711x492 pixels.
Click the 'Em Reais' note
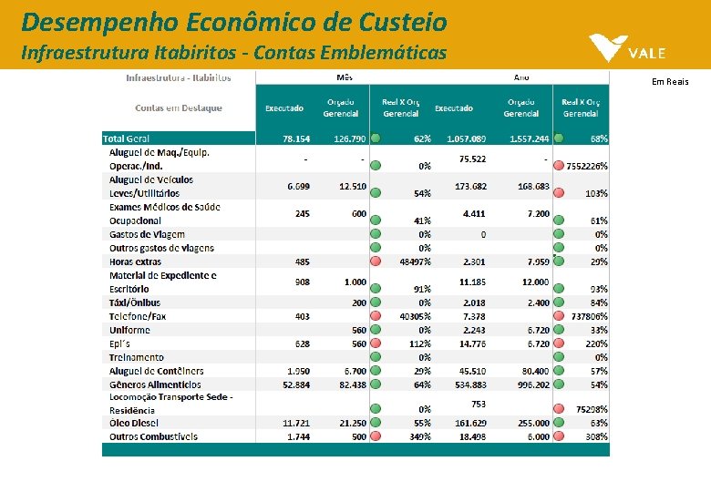[x=670, y=82]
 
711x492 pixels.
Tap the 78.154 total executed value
[x=296, y=138]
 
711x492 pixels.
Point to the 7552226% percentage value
[x=587, y=167]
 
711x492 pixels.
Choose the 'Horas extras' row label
[x=136, y=261]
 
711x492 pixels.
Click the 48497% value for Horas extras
[x=415, y=261]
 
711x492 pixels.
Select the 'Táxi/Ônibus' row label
[x=135, y=302]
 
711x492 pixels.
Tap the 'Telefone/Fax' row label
[x=138, y=316]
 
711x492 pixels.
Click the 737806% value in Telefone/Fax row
[x=589, y=316]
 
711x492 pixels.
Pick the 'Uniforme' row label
[x=130, y=330]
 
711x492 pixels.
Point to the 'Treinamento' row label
[x=137, y=357]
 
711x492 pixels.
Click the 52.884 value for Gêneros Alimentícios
[x=296, y=384]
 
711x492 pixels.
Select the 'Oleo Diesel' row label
[x=134, y=423]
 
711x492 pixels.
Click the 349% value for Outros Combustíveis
[x=420, y=436]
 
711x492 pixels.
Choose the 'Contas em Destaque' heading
[x=179, y=108]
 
